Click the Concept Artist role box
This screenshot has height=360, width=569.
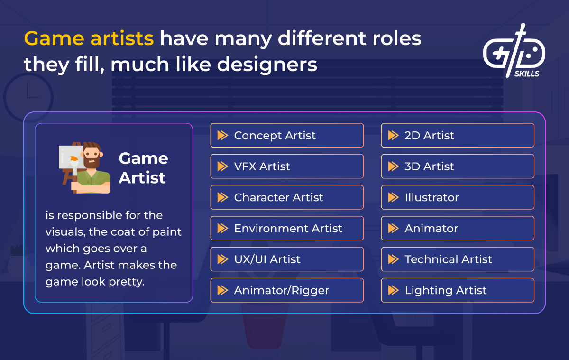pos(287,136)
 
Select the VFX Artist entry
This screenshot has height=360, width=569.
pos(287,166)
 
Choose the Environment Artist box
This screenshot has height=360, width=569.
pos(287,228)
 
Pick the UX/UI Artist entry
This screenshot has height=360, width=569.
pos(287,259)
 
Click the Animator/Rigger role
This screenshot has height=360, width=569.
pos(287,290)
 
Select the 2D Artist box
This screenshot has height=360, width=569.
pos(458,136)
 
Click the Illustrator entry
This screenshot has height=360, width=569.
pos(458,197)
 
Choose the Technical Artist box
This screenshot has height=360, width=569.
pos(458,259)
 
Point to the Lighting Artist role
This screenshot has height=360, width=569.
pos(458,290)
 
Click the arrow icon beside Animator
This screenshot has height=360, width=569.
pos(393,228)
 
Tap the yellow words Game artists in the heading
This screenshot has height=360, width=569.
pos(89,38)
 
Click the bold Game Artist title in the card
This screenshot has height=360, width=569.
pos(143,168)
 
